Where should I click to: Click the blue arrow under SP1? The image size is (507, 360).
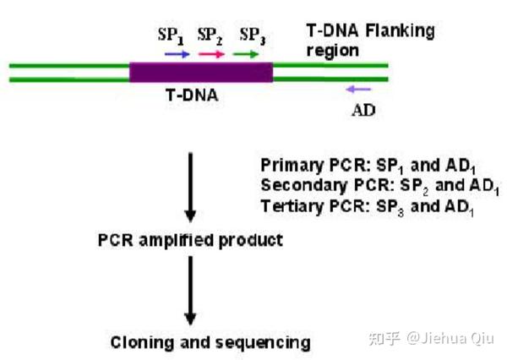[x=177, y=54]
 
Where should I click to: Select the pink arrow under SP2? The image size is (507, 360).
[x=211, y=54]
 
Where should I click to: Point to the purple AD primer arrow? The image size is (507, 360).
[x=358, y=88]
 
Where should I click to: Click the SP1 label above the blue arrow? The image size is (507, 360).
[x=171, y=35]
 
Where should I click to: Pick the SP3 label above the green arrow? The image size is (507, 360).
[x=252, y=35]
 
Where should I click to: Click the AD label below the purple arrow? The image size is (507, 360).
[x=363, y=110]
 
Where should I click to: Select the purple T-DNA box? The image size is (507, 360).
[x=201, y=72]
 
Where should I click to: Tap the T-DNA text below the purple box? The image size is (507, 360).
[x=191, y=95]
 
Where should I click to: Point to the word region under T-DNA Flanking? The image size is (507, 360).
[x=332, y=50]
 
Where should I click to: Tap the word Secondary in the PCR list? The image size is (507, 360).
[x=298, y=185]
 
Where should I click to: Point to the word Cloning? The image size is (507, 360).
[x=138, y=342]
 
